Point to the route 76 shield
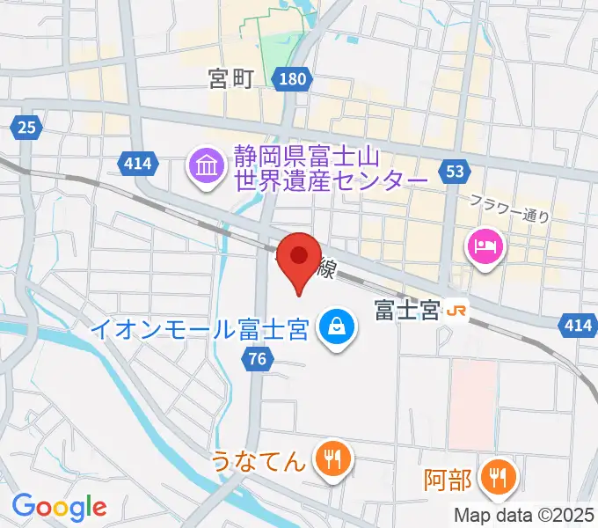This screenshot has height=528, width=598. click(256, 357)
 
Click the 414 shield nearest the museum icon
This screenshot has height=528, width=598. click(138, 162)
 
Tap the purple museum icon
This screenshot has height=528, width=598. click(207, 165)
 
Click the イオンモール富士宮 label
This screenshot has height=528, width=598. click(201, 331)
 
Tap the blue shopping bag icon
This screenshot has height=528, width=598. click(337, 328)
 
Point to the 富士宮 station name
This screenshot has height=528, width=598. click(406, 311)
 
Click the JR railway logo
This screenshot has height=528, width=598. click(456, 311)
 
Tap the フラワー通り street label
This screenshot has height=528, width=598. click(510, 209)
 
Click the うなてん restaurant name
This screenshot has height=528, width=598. click(259, 459)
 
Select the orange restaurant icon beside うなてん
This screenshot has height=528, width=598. click(333, 458)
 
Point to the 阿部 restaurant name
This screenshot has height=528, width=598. click(448, 480)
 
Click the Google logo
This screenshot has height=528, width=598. click(60, 507)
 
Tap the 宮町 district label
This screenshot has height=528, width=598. click(230, 80)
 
